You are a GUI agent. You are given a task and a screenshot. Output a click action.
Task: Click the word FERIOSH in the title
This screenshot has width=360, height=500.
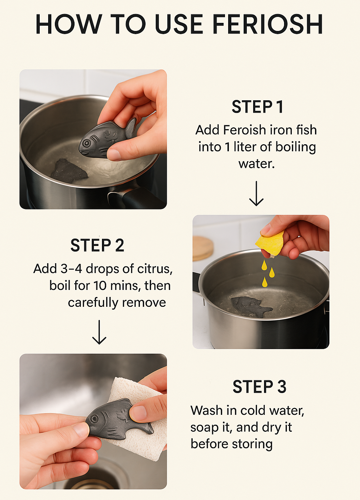click(268, 24)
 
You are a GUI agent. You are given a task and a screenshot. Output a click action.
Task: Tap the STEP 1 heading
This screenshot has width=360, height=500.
click(257, 107)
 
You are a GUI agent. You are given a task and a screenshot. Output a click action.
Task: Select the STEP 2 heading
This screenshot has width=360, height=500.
click(97, 245)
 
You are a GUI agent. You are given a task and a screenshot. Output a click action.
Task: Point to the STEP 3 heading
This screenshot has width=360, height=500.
click(259, 386)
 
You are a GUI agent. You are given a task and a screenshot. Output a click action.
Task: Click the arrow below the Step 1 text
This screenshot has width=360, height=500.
click(256, 193)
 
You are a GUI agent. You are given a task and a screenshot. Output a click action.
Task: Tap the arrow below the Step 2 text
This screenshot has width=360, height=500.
click(99, 332)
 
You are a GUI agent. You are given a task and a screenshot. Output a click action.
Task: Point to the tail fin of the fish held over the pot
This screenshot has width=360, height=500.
click(131, 128)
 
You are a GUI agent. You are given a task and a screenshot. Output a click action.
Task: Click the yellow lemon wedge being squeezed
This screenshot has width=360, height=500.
click(269, 243)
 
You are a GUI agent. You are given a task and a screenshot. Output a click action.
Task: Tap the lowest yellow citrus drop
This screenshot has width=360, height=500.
click(264, 282)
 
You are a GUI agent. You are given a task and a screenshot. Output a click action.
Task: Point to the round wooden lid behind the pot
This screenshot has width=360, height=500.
click(202, 248)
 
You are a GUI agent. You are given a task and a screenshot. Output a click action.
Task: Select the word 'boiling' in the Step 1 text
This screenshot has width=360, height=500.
click(296, 147)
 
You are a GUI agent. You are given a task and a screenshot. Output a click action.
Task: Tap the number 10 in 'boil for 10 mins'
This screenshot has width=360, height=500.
click(100, 286)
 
